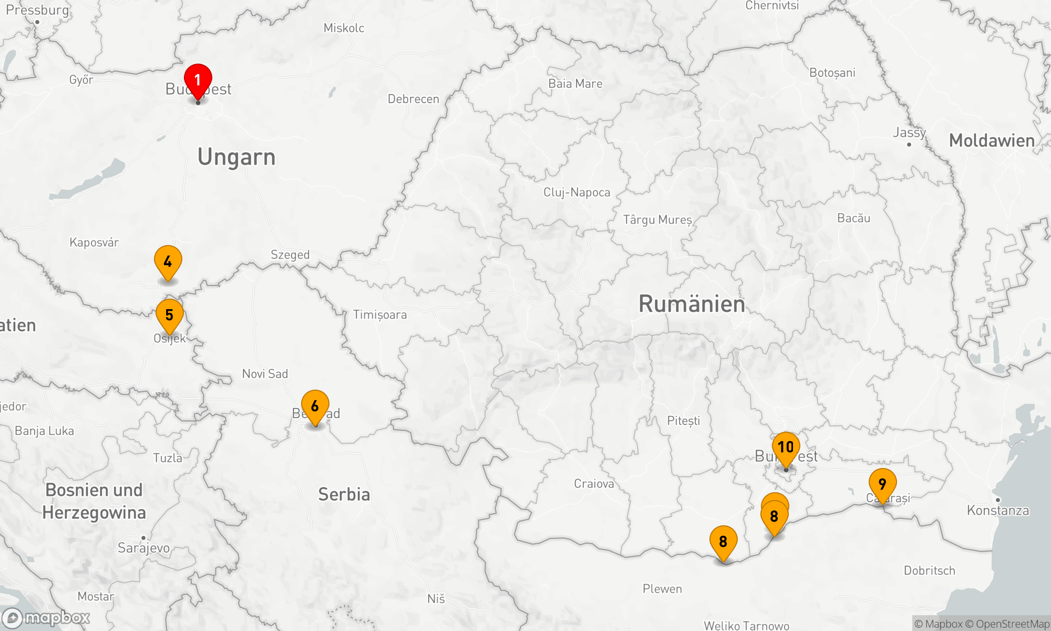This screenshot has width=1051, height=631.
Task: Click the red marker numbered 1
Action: (198, 80)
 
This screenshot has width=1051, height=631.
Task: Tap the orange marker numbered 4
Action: (168, 261)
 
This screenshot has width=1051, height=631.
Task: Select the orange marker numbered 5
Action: (169, 315)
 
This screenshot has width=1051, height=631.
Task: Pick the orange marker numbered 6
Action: (315, 406)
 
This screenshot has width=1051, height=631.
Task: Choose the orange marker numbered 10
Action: (786, 447)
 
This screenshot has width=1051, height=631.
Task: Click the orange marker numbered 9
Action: (882, 484)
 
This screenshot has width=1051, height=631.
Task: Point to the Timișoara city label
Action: (379, 314)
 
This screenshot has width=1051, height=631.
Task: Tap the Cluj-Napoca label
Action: (576, 192)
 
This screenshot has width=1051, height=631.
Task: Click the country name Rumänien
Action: (692, 304)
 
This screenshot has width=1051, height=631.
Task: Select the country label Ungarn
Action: (236, 157)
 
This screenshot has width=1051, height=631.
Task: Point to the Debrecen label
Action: (413, 99)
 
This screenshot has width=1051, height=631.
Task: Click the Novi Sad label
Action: (265, 374)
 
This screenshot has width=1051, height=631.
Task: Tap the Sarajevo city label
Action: (143, 548)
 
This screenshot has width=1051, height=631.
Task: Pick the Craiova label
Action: (594, 484)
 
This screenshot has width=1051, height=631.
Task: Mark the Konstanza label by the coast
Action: (997, 510)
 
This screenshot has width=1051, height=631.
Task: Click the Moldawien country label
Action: (992, 140)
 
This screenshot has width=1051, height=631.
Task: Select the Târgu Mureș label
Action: (657, 220)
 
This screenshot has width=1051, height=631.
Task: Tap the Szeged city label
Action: (290, 255)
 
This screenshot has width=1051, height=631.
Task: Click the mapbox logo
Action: (46, 617)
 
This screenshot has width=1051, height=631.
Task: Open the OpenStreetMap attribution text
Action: (1012, 624)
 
